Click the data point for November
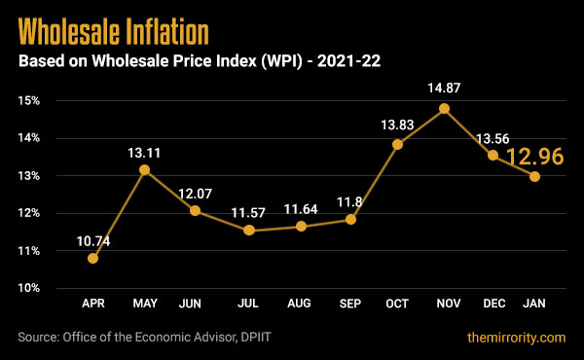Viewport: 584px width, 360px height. tap(445, 109)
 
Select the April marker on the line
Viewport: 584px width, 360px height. tap(93, 258)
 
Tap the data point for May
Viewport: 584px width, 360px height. tap(144, 170)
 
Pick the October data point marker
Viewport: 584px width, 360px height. tap(397, 145)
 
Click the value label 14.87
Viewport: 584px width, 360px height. tap(445, 89)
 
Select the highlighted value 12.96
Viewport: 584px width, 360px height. tap(535, 157)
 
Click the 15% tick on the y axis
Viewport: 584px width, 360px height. tap(27, 101)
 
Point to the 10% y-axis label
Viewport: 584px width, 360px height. tap(27, 289)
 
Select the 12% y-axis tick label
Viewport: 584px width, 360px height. tap(27, 214)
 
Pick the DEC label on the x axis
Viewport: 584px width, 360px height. tap(493, 305)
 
